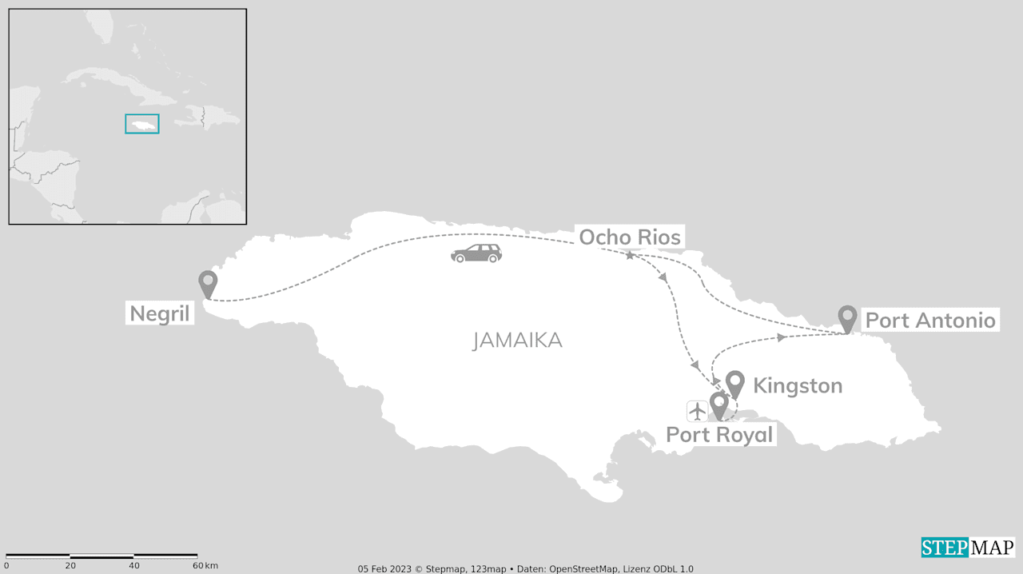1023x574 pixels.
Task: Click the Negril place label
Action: (x=160, y=313)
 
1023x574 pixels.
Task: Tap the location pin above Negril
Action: (x=208, y=282)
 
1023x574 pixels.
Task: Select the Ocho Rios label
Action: (x=630, y=237)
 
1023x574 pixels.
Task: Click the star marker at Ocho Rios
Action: (x=630, y=255)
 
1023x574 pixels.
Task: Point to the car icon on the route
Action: (x=476, y=253)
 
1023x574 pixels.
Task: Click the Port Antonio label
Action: (x=930, y=321)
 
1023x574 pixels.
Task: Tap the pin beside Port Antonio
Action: (x=848, y=317)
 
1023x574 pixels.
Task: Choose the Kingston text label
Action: (x=798, y=386)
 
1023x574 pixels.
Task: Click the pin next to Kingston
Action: (x=734, y=383)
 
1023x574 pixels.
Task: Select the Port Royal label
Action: (x=719, y=435)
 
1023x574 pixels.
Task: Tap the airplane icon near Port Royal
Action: (x=698, y=411)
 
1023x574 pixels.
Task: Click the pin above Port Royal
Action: (x=718, y=405)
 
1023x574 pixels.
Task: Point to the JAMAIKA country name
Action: (x=517, y=341)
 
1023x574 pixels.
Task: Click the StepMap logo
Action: (x=968, y=548)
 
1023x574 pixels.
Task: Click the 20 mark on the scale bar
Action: (x=70, y=566)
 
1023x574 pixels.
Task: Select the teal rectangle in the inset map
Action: (x=142, y=124)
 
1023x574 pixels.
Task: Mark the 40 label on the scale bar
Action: (x=133, y=566)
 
